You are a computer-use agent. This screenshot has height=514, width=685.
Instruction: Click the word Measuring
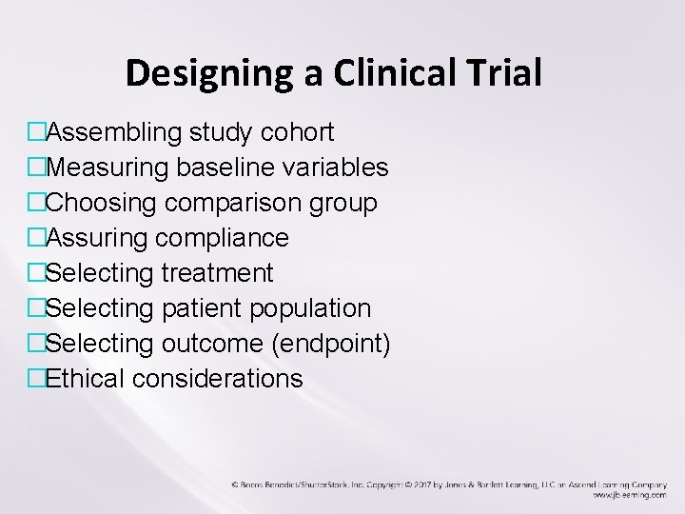click(x=108, y=168)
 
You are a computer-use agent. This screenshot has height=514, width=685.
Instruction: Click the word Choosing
click(x=103, y=203)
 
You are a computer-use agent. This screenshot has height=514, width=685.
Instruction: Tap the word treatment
click(x=218, y=273)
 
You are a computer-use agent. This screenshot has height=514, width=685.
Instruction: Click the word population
click(x=313, y=308)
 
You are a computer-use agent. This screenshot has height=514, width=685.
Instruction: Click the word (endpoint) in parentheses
click(x=330, y=344)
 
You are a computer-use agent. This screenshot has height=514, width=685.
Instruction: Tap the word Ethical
click(x=88, y=379)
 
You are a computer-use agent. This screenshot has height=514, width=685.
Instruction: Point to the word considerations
click(x=218, y=379)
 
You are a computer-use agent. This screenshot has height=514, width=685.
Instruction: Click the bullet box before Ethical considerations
click(x=37, y=379)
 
